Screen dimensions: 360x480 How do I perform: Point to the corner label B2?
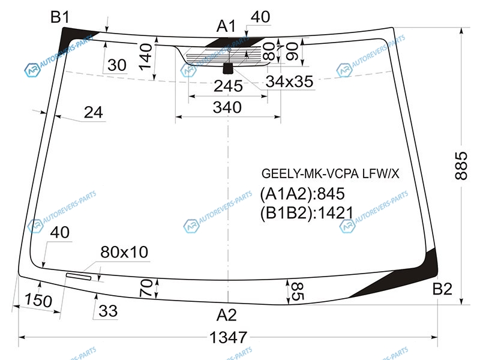[x=442, y=290]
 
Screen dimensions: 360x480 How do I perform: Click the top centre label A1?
[x=226, y=26]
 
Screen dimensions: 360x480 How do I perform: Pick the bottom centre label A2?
[x=226, y=314]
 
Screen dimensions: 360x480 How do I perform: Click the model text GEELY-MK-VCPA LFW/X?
[x=329, y=174]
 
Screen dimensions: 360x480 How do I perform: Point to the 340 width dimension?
[x=227, y=107]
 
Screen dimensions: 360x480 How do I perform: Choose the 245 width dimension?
[x=229, y=87]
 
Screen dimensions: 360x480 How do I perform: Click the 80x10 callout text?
[x=124, y=253]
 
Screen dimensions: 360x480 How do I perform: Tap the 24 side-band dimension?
[x=93, y=112]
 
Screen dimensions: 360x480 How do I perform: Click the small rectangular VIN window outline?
[x=79, y=277]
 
